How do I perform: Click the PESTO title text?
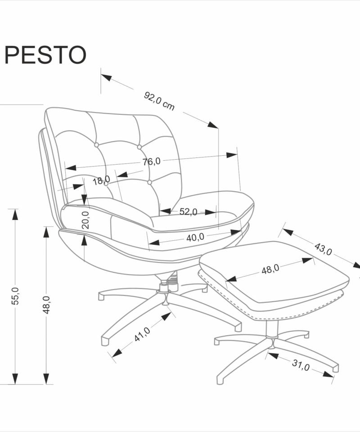[x=45, y=54]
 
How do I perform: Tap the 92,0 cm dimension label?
[x=159, y=101]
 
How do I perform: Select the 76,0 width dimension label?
[x=152, y=162]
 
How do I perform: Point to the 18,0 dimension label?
[x=101, y=181]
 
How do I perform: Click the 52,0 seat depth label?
[x=188, y=211]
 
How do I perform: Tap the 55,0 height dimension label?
[x=15, y=296]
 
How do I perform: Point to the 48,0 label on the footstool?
[x=270, y=269]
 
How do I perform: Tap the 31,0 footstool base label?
[x=300, y=365]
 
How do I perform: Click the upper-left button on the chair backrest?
[x=96, y=145]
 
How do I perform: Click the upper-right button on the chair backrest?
[x=139, y=147]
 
